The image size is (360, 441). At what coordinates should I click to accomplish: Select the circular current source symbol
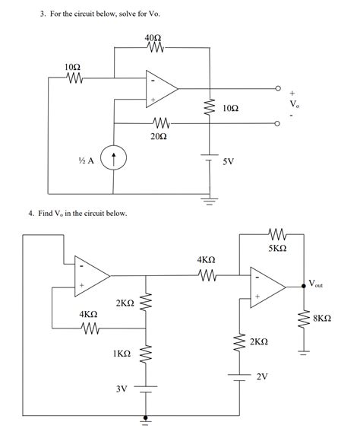(x=114, y=159)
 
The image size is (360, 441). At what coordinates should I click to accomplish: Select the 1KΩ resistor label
(x=121, y=354)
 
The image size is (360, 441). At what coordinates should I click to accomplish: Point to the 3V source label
(x=121, y=389)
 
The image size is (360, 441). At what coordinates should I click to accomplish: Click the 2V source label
(x=262, y=376)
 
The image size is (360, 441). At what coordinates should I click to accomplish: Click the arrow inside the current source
(x=114, y=159)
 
